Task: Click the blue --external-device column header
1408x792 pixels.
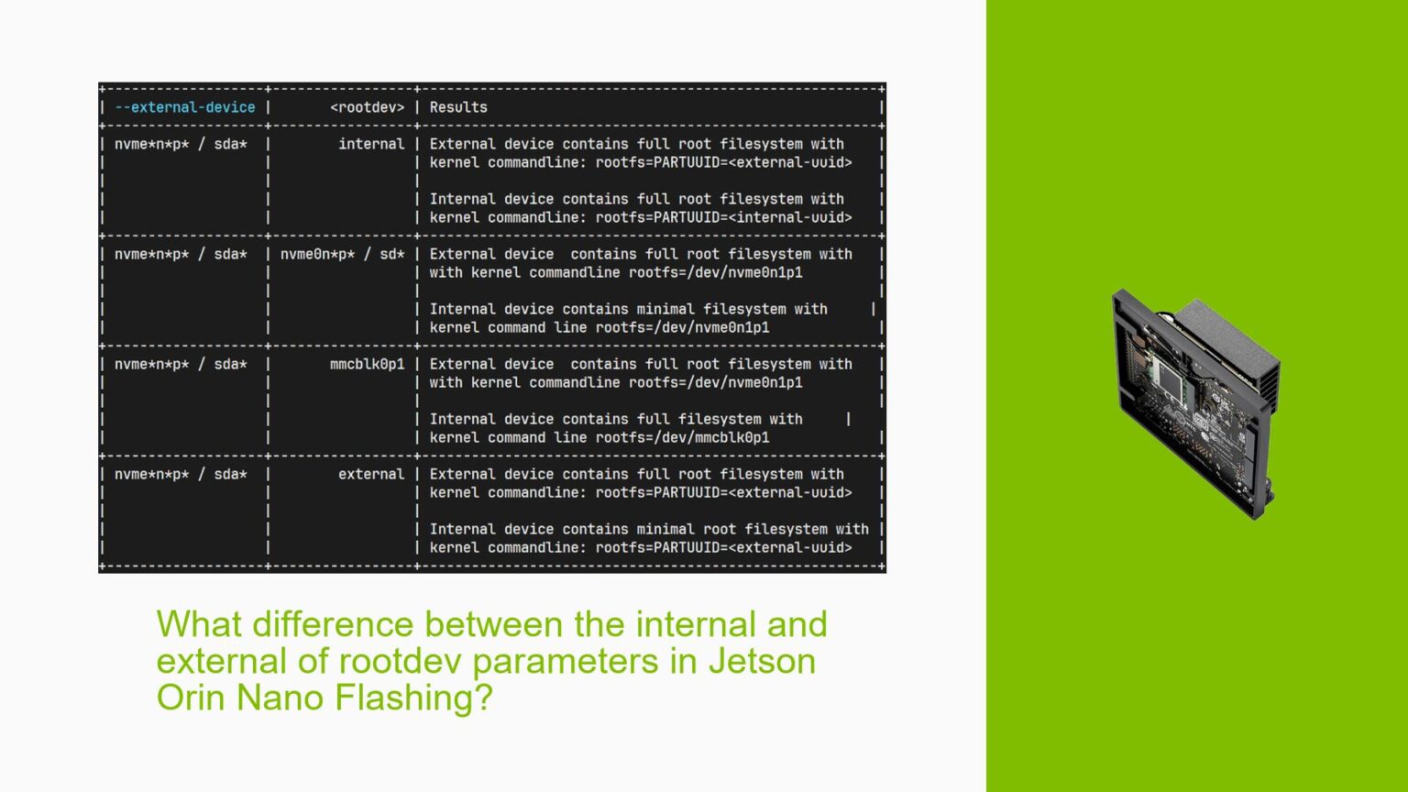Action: (x=185, y=107)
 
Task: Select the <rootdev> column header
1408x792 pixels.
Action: (x=367, y=107)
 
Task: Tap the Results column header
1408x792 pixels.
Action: (x=458, y=107)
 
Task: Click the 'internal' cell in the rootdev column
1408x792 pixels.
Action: (x=371, y=144)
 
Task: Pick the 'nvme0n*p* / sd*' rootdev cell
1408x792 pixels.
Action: (x=342, y=254)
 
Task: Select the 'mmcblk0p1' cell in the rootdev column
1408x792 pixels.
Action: (x=367, y=364)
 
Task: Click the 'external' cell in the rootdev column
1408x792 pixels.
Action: (x=371, y=474)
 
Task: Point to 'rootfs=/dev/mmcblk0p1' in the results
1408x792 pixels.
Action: (x=683, y=437)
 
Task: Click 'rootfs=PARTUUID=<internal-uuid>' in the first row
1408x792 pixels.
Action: (x=724, y=217)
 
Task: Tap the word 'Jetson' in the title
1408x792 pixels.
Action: (x=762, y=661)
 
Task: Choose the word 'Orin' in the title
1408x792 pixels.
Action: (x=192, y=698)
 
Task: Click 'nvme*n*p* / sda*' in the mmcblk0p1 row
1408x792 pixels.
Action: (x=181, y=364)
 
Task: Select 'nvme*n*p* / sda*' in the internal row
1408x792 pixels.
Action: (x=181, y=144)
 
